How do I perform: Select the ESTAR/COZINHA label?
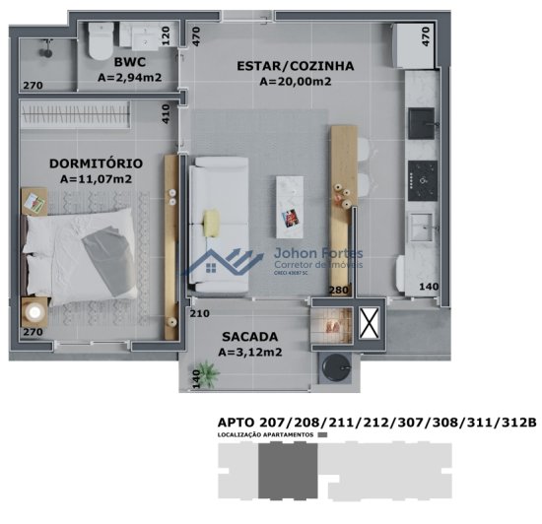(x=295, y=66)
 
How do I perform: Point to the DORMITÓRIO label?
(x=96, y=163)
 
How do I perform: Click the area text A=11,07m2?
(x=96, y=179)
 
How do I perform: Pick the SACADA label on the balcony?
(x=249, y=335)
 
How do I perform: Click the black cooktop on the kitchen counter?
(x=426, y=175)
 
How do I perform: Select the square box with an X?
(x=369, y=323)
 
